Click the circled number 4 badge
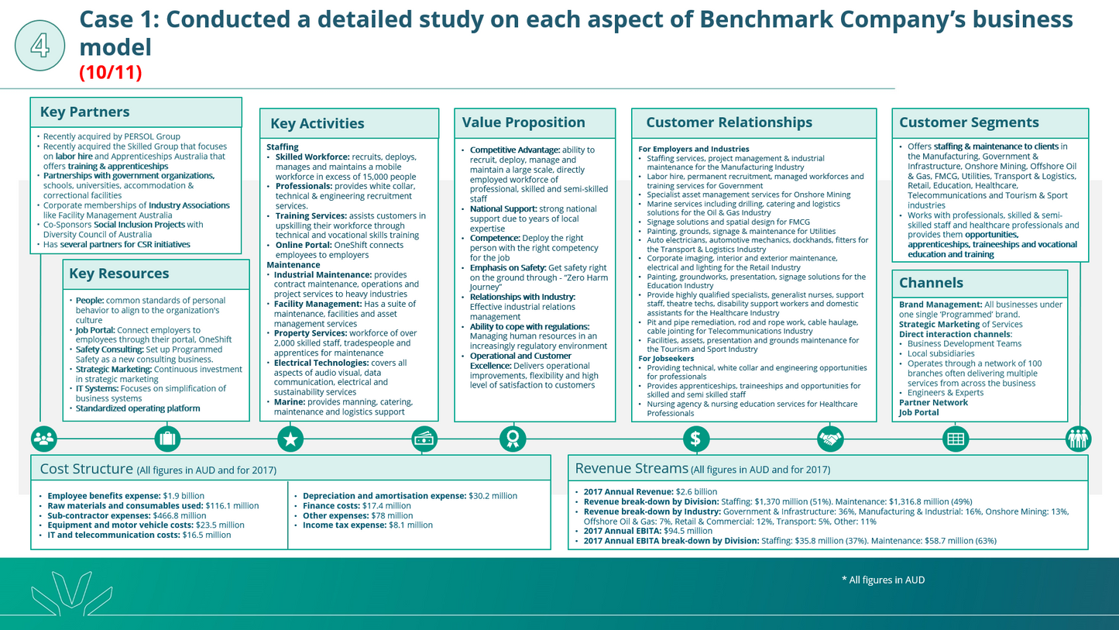pyautogui.click(x=40, y=46)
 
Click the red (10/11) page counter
pyautogui.click(x=111, y=73)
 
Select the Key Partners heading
pyautogui.click(x=84, y=112)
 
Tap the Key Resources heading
pyautogui.click(x=119, y=274)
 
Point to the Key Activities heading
pyautogui.click(x=318, y=123)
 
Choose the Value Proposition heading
pyautogui.click(x=523, y=122)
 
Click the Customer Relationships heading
pyautogui.click(x=729, y=122)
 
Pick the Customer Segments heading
pyautogui.click(x=969, y=122)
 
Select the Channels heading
pyautogui.click(x=931, y=283)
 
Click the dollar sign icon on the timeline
pyautogui.click(x=696, y=439)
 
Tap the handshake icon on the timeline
pyautogui.click(x=830, y=439)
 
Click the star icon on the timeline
pyautogui.click(x=290, y=439)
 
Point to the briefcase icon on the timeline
pyautogui.click(x=167, y=439)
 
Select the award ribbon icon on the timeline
pyautogui.click(x=513, y=439)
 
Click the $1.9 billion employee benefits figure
pyautogui.click(x=184, y=496)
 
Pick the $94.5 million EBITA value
pyautogui.click(x=688, y=531)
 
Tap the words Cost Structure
pyautogui.click(x=87, y=469)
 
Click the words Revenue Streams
pyautogui.click(x=631, y=469)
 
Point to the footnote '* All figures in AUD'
pyautogui.click(x=884, y=580)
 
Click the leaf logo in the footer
pyautogui.click(x=71, y=594)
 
